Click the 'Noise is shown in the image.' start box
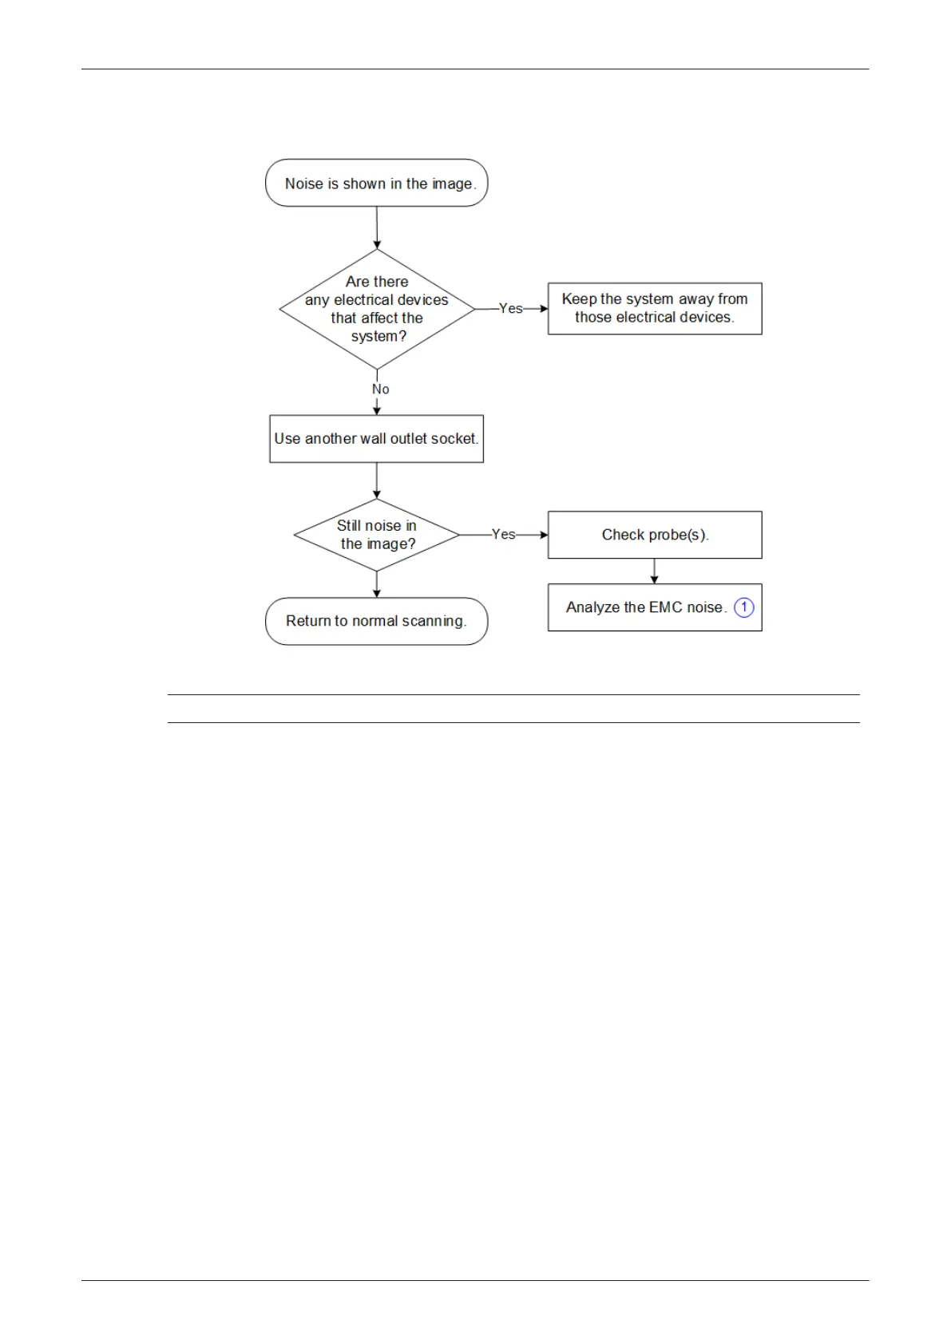pyautogui.click(x=376, y=183)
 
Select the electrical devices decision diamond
pyautogui.click(x=377, y=309)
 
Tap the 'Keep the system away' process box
pyautogui.click(x=655, y=308)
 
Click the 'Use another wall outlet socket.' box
pyautogui.click(x=376, y=439)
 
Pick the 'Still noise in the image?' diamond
pyautogui.click(x=376, y=535)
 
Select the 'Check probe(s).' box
pyautogui.click(x=655, y=535)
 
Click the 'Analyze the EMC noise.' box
pyautogui.click(x=655, y=607)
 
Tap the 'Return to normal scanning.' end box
pyautogui.click(x=376, y=621)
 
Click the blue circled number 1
pyautogui.click(x=744, y=607)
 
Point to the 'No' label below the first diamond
pyautogui.click(x=381, y=389)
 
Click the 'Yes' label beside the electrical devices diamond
pyautogui.click(x=511, y=308)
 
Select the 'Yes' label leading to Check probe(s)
pyautogui.click(x=504, y=534)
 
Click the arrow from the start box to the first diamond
pyautogui.click(x=377, y=228)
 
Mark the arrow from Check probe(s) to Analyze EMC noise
pyautogui.click(x=655, y=571)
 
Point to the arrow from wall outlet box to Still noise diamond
pyautogui.click(x=376, y=480)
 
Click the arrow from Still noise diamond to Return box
pyautogui.click(x=376, y=584)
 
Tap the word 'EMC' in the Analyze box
pyautogui.click(x=665, y=607)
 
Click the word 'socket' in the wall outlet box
pyautogui.click(x=457, y=439)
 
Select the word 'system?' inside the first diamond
pyautogui.click(x=378, y=337)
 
